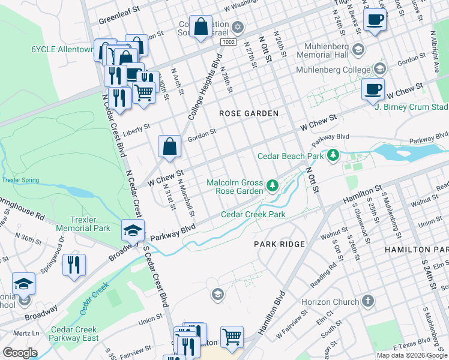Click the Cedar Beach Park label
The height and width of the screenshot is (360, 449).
[x=291, y=156]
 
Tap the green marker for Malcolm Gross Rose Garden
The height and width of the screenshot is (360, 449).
[x=273, y=185]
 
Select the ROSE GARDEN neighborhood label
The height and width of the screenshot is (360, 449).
[x=249, y=113]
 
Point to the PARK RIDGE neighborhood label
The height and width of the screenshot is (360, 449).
[x=279, y=244]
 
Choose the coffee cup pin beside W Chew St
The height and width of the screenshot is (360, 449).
[x=373, y=90]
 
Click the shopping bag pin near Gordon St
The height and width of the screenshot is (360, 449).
[x=170, y=146]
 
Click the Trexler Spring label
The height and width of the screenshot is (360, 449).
[x=20, y=179]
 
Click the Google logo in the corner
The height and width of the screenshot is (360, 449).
[x=20, y=352]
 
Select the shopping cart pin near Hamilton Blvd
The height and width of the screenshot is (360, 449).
[x=232, y=337]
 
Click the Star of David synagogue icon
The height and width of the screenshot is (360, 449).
[x=238, y=28]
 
